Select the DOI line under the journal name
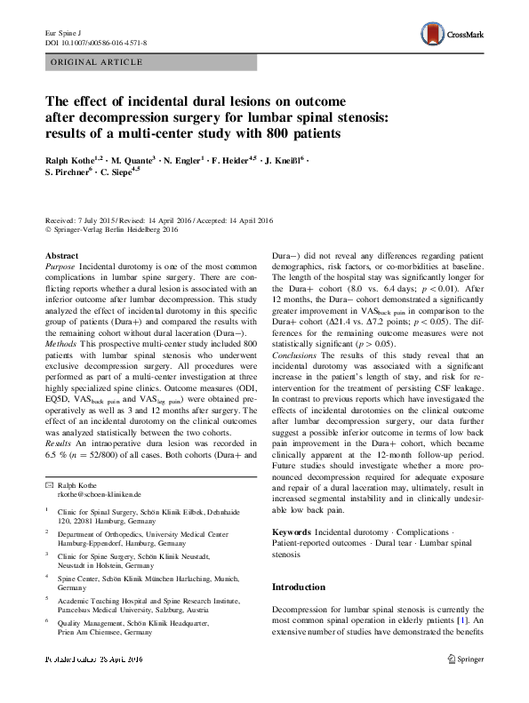(x=96, y=43)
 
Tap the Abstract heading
(x=61, y=255)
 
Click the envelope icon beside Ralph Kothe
(x=50, y=484)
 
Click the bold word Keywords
(x=293, y=531)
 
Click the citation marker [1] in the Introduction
(x=461, y=619)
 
